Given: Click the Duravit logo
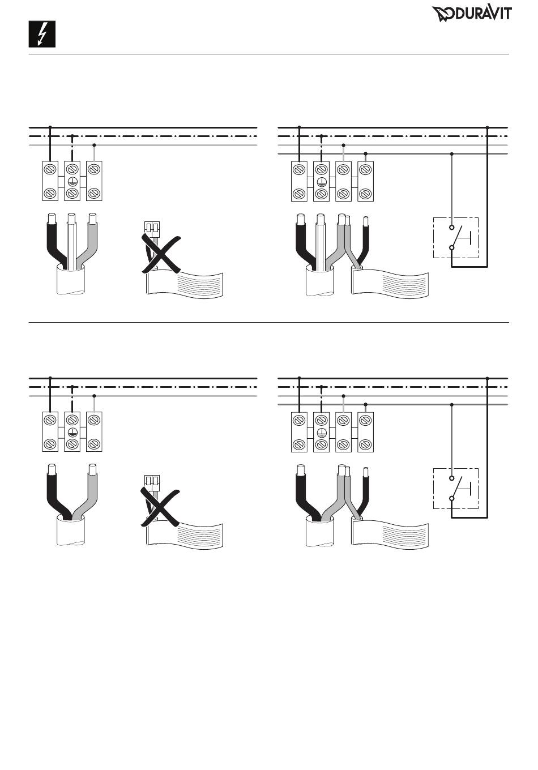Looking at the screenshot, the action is [x=472, y=14].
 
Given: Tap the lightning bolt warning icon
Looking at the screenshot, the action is [x=42, y=34].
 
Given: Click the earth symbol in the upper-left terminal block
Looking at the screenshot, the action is [x=72, y=181].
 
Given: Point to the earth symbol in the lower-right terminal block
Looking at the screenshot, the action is [x=321, y=433].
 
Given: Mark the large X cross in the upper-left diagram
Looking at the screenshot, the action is [x=161, y=254].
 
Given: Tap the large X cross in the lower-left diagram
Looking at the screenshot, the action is [x=160, y=506].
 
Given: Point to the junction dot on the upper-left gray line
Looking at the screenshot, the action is [x=94, y=145].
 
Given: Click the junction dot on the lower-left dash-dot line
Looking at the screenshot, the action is [x=72, y=387].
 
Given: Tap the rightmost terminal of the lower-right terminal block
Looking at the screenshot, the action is [x=365, y=432].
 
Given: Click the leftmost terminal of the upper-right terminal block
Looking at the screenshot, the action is [x=299, y=181].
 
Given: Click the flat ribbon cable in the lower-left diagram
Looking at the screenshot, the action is [x=185, y=534].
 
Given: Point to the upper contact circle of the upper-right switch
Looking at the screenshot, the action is [x=452, y=228].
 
